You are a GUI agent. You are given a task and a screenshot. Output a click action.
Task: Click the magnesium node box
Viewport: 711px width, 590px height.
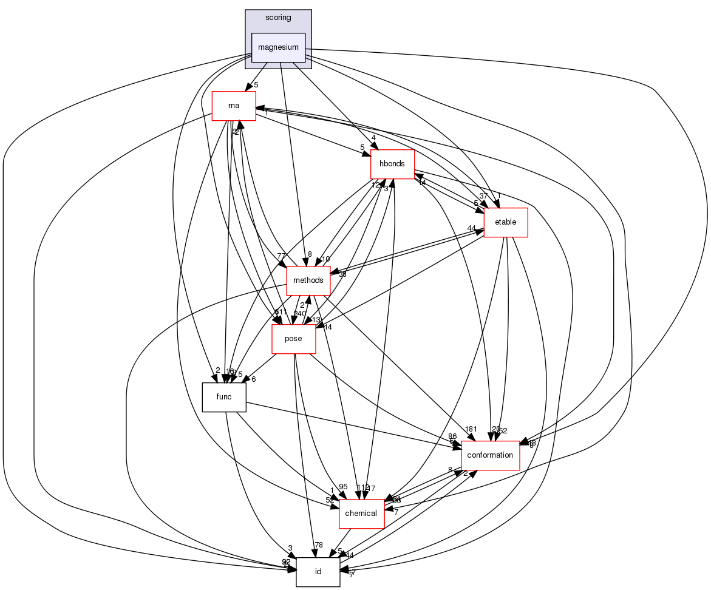(x=278, y=47)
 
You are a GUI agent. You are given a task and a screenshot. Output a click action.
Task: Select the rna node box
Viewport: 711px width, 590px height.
(x=233, y=106)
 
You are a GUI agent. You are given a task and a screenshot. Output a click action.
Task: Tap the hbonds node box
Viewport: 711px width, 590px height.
(x=392, y=164)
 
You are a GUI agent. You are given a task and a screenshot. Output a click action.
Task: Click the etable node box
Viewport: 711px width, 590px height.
(x=505, y=222)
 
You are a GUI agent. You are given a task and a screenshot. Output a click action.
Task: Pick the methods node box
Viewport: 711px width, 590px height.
(x=308, y=280)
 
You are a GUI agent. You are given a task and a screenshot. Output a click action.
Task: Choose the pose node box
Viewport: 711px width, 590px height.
(x=293, y=339)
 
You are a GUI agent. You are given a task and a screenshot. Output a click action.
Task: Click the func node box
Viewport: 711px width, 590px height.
(x=224, y=397)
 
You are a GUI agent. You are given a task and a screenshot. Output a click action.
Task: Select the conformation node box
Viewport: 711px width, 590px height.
(x=490, y=455)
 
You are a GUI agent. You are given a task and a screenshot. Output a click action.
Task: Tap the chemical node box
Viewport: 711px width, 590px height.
(x=361, y=514)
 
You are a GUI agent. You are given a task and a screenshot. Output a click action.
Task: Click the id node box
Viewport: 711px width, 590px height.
(x=318, y=572)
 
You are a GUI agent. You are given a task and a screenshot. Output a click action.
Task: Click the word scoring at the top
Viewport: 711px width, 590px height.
(x=278, y=18)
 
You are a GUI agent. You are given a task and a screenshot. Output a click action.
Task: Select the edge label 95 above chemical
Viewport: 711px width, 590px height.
(x=343, y=487)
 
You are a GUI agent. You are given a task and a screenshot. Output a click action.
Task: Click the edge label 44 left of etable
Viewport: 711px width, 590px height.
(x=471, y=228)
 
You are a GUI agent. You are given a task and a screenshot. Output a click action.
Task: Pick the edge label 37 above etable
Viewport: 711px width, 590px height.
(x=484, y=195)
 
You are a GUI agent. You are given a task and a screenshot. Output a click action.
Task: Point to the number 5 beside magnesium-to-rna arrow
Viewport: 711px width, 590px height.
(x=256, y=85)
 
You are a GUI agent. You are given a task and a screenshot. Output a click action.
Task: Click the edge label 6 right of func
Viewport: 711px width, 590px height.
(x=253, y=379)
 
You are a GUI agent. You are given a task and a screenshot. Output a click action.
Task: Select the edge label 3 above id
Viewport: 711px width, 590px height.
(x=290, y=548)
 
